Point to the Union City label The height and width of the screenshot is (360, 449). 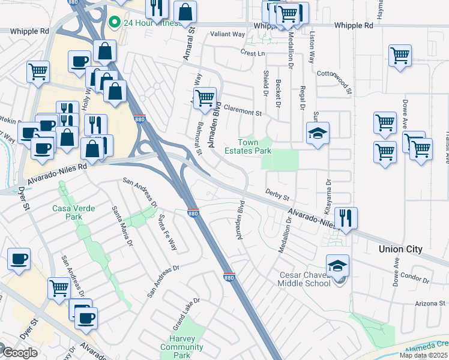(400, 249)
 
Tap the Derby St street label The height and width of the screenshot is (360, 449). (278, 197)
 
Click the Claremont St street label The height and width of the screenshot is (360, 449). (243, 112)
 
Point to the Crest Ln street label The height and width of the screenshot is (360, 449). (253, 53)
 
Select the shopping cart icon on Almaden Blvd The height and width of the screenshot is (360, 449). (205, 97)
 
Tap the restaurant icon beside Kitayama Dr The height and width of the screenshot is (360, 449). (345, 218)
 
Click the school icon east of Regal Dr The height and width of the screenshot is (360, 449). (318, 133)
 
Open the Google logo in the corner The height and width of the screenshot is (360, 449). (19, 353)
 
